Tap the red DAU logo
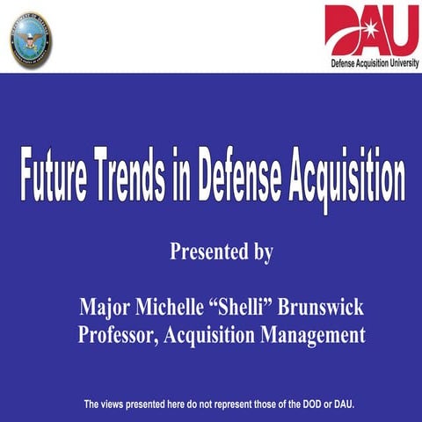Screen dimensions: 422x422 coord(371,30)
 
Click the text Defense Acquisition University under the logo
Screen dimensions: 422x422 coord(375,63)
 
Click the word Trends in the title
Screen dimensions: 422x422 coord(137,180)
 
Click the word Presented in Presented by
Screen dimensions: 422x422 coord(208,253)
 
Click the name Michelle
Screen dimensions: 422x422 coord(172,309)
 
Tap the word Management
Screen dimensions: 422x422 coord(313,336)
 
